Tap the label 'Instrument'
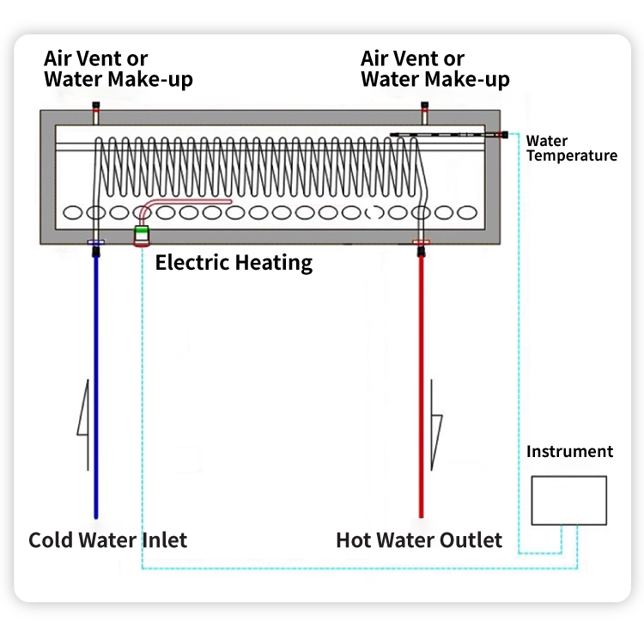(x=569, y=451)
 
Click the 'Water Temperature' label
(x=571, y=149)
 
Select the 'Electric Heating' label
(x=234, y=263)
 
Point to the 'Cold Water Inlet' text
(x=107, y=540)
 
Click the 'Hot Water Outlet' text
(x=419, y=540)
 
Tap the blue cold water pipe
(x=96, y=387)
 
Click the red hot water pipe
(x=421, y=387)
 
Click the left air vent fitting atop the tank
(x=95, y=113)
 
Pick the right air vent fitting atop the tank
(x=425, y=113)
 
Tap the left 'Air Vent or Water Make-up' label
(x=118, y=69)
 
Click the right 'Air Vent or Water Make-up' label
(x=435, y=69)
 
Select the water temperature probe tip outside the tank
(x=504, y=134)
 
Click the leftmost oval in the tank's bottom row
(x=73, y=212)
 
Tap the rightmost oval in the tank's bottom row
(x=467, y=212)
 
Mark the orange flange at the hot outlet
(x=421, y=242)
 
